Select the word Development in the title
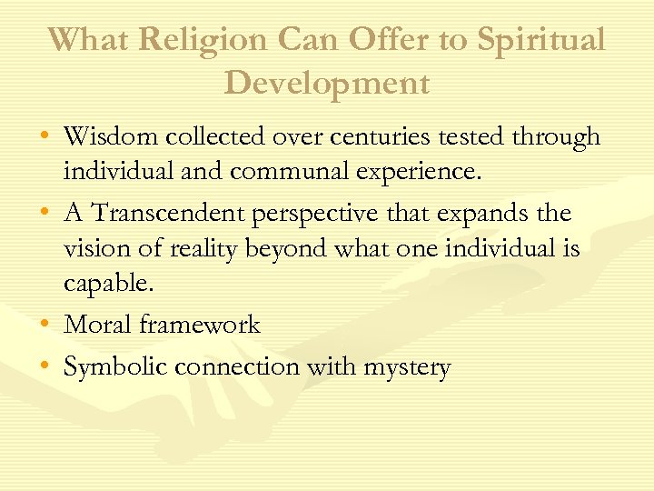pyautogui.click(x=327, y=83)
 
